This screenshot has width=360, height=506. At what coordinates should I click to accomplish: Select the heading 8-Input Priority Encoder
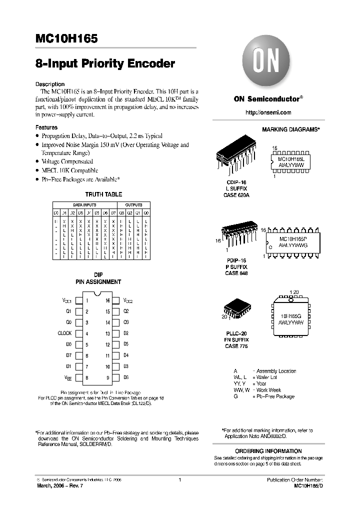pyautogui.click(x=105, y=64)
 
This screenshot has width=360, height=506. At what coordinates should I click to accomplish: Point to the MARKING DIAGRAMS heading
pyautogui.click(x=290, y=129)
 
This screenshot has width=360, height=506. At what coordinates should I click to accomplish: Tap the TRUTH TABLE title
pyautogui.click(x=103, y=194)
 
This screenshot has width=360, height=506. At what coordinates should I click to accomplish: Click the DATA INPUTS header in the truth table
pyautogui.click(x=85, y=205)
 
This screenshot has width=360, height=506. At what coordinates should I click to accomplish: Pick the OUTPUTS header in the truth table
pyautogui.click(x=133, y=205)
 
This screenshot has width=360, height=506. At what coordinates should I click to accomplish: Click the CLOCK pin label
pyautogui.click(x=65, y=333)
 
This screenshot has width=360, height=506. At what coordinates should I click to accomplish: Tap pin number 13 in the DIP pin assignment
pyautogui.click(x=107, y=333)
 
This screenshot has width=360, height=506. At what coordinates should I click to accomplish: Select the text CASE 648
pyautogui.click(x=236, y=273)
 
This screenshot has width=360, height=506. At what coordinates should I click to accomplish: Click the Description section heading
pyautogui.click(x=50, y=84)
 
